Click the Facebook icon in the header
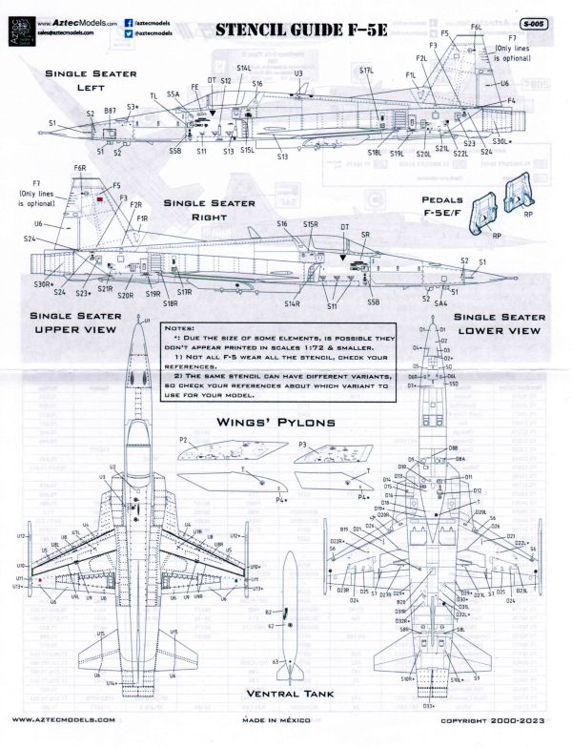click(x=129, y=17)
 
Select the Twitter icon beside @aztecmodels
click(x=129, y=31)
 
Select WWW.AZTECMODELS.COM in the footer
click(x=65, y=721)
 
